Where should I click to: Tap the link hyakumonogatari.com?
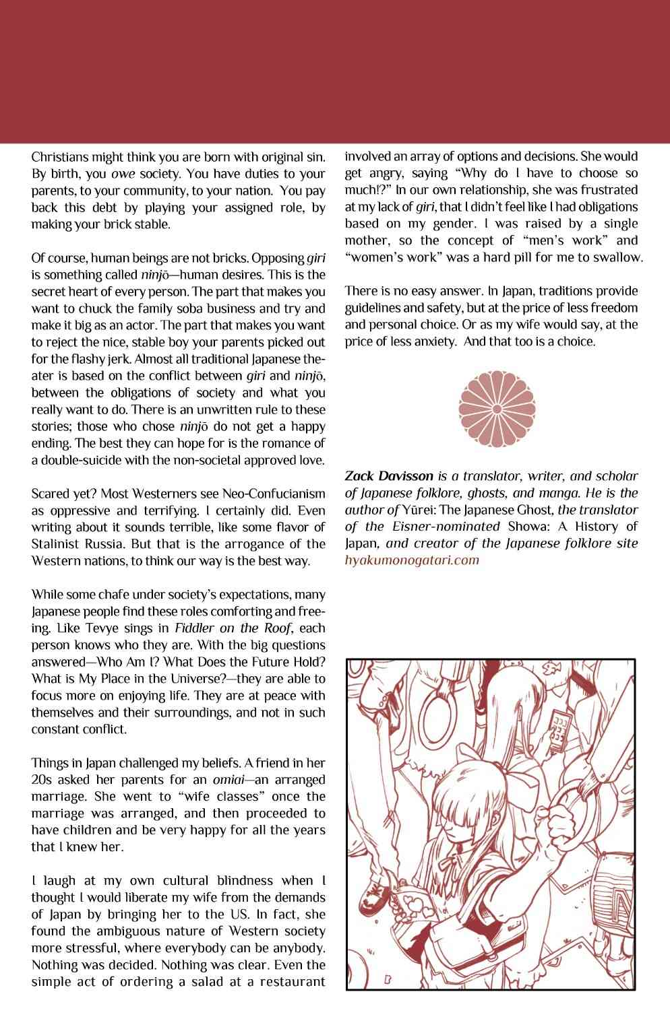click(412, 560)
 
